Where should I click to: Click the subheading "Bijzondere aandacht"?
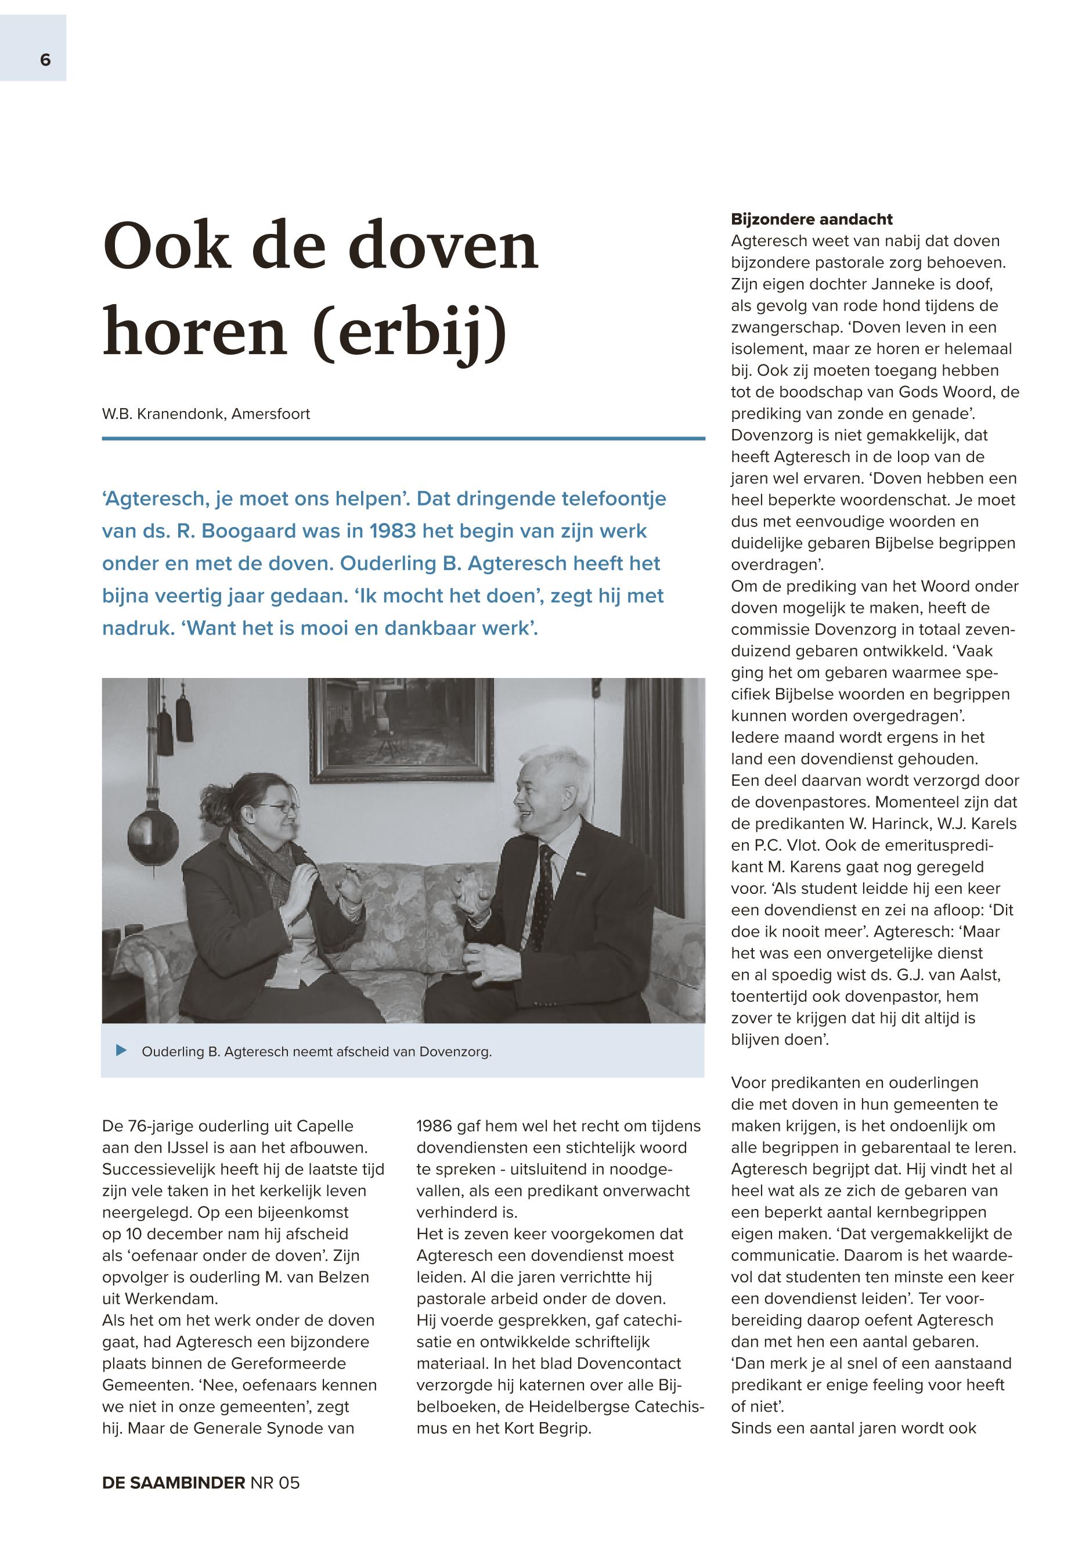click(x=812, y=219)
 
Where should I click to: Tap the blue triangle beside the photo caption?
click(x=121, y=1050)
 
